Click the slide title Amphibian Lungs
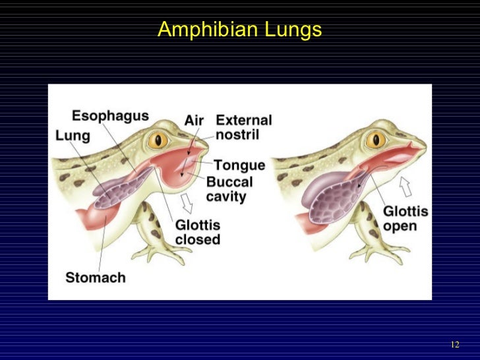239,30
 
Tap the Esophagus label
110,117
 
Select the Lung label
73,135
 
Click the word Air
194,121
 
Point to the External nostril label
243,127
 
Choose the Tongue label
239,165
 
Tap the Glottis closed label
198,231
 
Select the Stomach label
96,277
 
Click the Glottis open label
405,219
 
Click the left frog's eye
159,140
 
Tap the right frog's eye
376,140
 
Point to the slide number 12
454,345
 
